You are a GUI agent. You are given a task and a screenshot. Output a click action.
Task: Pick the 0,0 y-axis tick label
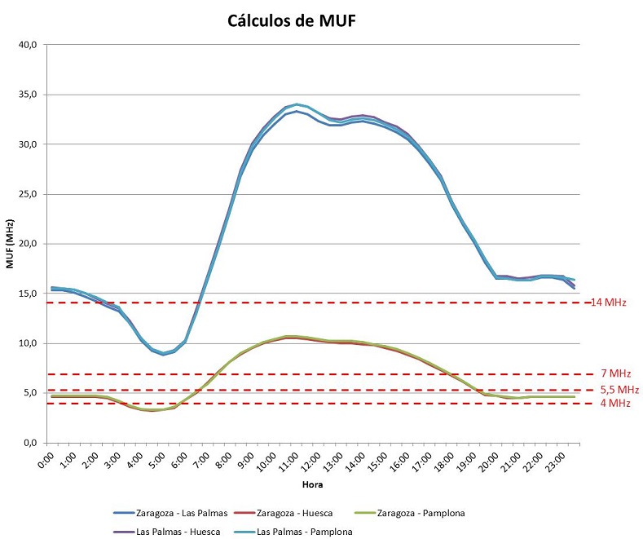tap(29, 443)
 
